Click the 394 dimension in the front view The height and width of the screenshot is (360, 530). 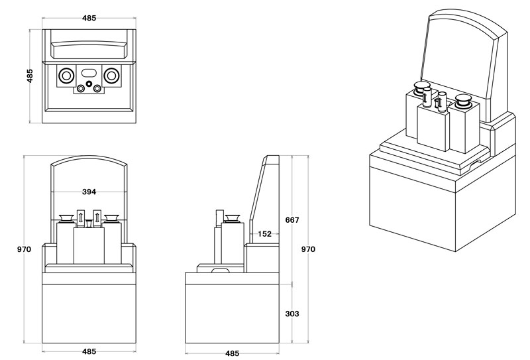click(x=89, y=192)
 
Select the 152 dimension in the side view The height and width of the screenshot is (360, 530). click(x=264, y=233)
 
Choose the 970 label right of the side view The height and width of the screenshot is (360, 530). click(x=308, y=249)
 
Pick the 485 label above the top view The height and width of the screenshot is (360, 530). click(x=89, y=18)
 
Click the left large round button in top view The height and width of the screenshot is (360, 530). click(x=66, y=75)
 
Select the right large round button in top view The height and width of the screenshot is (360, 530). click(x=113, y=75)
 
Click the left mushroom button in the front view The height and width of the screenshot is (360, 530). click(x=67, y=218)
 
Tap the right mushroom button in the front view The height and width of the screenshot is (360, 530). click(x=111, y=218)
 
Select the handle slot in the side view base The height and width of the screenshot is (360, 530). click(x=219, y=270)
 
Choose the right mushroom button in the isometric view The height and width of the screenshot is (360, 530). click(x=463, y=101)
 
